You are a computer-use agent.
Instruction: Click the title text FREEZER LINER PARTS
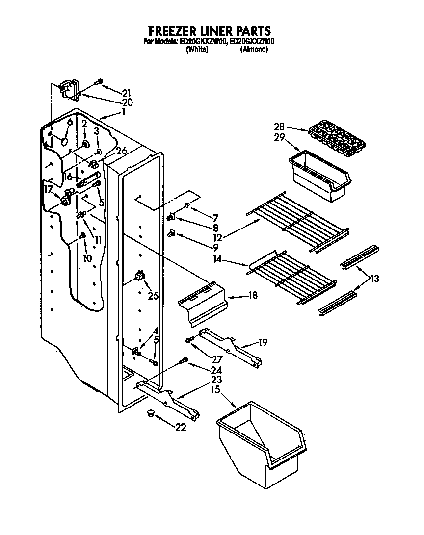210,32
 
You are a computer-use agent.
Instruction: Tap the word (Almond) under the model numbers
254,50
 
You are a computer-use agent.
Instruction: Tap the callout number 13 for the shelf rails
374,280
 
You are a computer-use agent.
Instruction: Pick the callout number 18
253,296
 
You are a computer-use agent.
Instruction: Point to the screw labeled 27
188,340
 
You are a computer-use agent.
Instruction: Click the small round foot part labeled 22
150,414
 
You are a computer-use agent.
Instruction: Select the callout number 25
153,296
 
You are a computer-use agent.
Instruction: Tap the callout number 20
127,102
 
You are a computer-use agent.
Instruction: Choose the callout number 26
121,151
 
